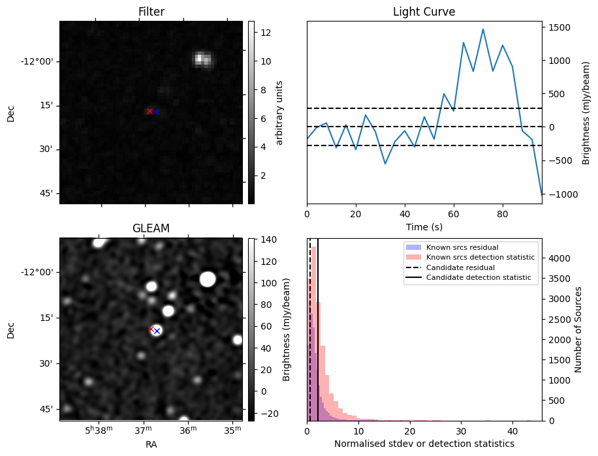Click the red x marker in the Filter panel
149,111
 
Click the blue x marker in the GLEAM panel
157,331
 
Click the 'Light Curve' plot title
424,12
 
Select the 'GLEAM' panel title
151,228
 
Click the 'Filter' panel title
151,12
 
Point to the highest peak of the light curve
483,29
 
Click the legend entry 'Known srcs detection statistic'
480,258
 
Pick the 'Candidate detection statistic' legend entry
479,279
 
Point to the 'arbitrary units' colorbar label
280,112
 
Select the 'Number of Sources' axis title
578,329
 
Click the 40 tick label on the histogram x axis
513,431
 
